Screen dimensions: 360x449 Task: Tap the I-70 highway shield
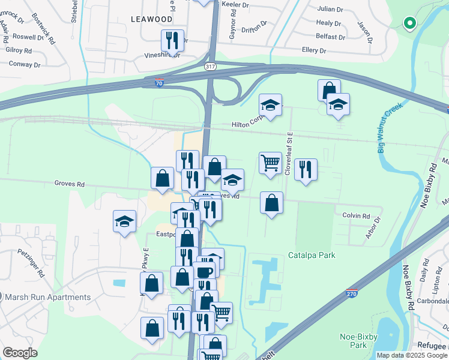pyautogui.click(x=158, y=79)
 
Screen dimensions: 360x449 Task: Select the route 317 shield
pyautogui.click(x=209, y=66)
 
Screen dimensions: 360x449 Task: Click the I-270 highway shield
pyautogui.click(x=352, y=292)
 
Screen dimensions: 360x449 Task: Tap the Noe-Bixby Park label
pyautogui.click(x=358, y=341)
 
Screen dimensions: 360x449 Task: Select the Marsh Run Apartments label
pyautogui.click(x=47, y=297)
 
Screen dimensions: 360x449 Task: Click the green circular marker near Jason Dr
pyautogui.click(x=410, y=23)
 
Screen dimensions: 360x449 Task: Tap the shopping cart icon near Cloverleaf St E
pyautogui.click(x=270, y=162)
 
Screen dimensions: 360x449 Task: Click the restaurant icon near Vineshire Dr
pyautogui.click(x=173, y=40)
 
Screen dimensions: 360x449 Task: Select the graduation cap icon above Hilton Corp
pyautogui.click(x=271, y=105)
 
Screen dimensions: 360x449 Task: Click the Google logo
pyautogui.click(x=20, y=353)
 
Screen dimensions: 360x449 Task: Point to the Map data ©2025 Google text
pyautogui.click(x=411, y=355)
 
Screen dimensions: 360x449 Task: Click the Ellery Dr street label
pyautogui.click(x=315, y=50)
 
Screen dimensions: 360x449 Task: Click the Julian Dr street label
pyautogui.click(x=330, y=10)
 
